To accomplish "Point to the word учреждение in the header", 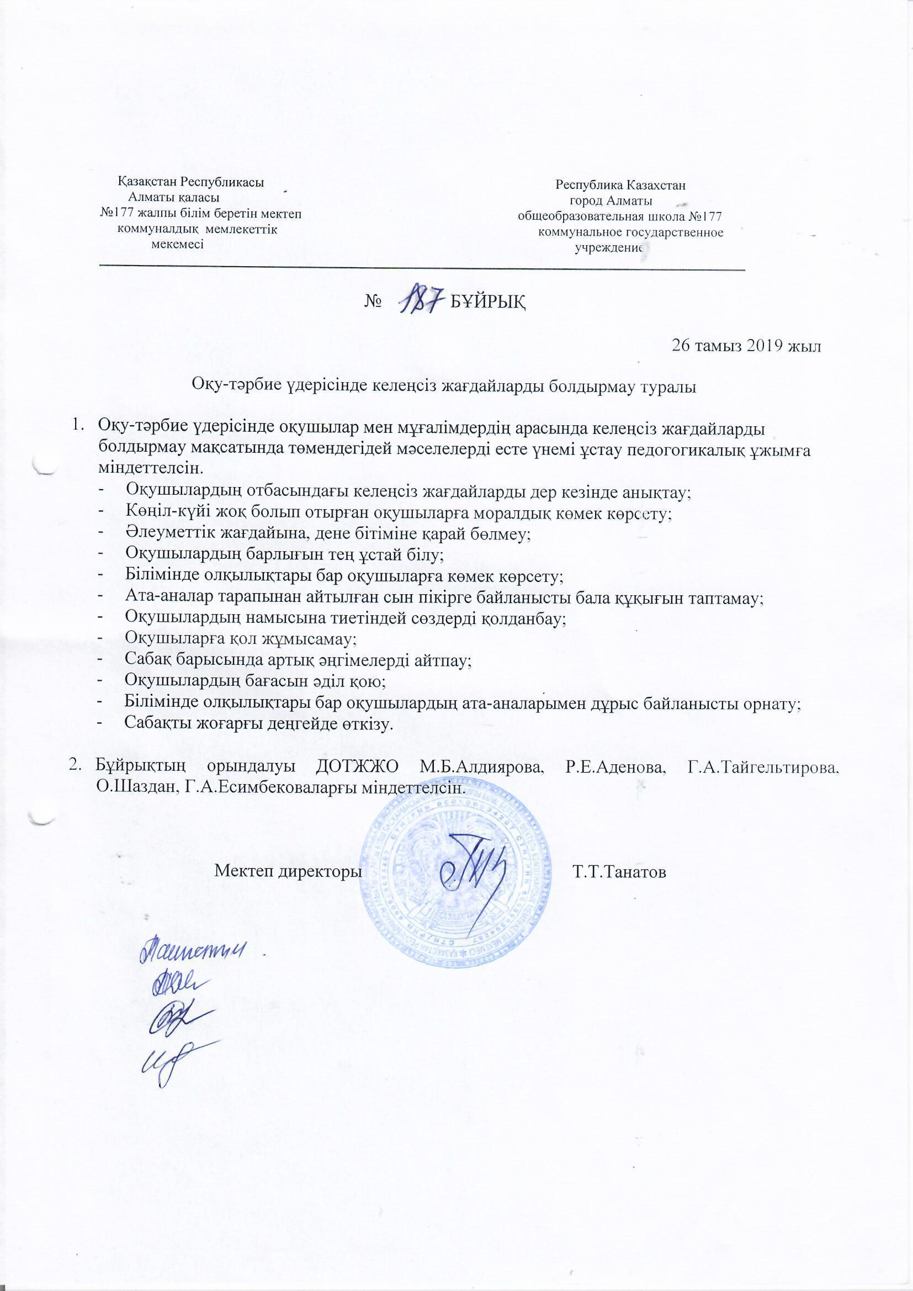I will coord(608,248).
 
